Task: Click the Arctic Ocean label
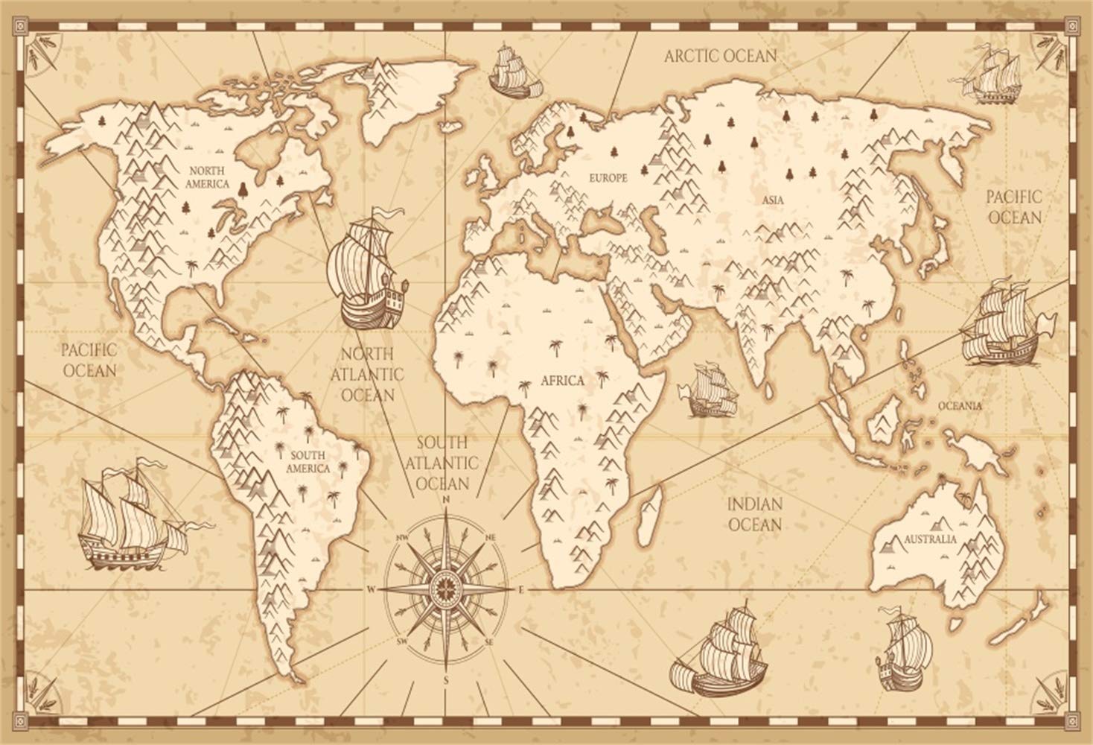(720, 55)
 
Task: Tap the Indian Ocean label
(754, 514)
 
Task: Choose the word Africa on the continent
(563, 381)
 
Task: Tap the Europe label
(608, 178)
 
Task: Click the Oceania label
(960, 406)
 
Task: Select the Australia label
(930, 538)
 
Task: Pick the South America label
(310, 462)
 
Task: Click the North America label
(208, 177)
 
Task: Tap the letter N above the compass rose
(446, 500)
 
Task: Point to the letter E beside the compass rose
(522, 590)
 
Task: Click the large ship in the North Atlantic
(369, 268)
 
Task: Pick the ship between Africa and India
(713, 388)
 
